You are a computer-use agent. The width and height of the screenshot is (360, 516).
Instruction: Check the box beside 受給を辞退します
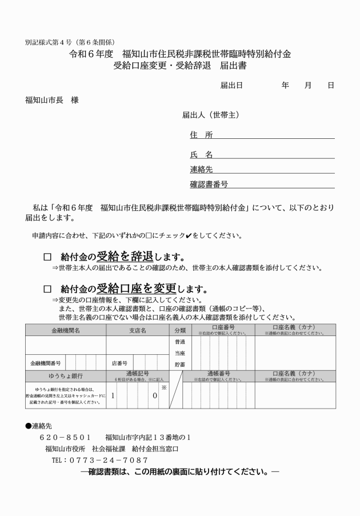point(47,257)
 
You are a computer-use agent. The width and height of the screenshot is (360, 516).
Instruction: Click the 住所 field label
point(201,135)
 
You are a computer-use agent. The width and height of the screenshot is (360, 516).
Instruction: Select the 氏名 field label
point(201,154)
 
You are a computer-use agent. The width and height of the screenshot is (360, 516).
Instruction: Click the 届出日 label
point(231,85)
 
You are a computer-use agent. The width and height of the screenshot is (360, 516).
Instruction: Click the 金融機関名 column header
point(65,330)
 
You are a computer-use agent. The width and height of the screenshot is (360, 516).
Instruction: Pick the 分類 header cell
point(179,330)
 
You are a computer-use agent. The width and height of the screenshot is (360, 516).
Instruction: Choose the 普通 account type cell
point(179,341)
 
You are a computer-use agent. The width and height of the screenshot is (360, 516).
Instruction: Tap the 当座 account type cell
point(179,352)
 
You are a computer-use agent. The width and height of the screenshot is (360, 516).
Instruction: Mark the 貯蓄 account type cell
point(179,363)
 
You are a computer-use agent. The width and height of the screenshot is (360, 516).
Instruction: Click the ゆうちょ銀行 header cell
point(65,376)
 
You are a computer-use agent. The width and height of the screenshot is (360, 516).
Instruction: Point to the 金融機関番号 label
point(46,363)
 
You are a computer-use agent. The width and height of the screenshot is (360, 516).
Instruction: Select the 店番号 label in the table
point(119,363)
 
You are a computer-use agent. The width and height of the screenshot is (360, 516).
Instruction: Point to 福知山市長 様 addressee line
point(52,100)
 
